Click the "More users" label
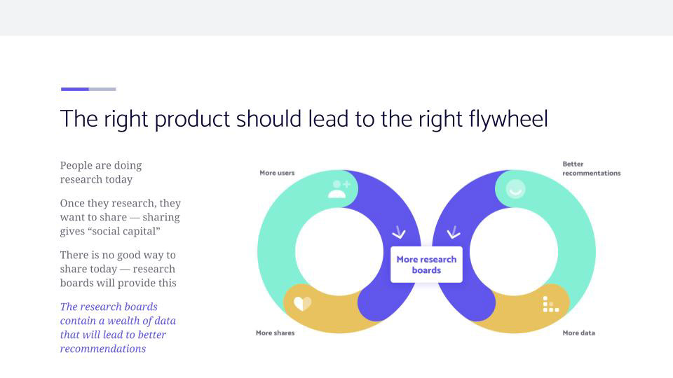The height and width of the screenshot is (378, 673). pyautogui.click(x=277, y=173)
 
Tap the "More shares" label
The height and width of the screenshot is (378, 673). pyautogui.click(x=275, y=332)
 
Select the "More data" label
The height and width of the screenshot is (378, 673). pyautogui.click(x=578, y=332)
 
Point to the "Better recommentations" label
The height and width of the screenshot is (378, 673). pyautogui.click(x=592, y=169)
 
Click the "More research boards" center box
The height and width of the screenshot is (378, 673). pyautogui.click(x=427, y=265)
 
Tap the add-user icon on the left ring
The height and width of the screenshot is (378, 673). pyautogui.click(x=339, y=189)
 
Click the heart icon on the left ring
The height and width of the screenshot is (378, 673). pyautogui.click(x=303, y=304)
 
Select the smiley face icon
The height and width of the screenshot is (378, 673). pyautogui.click(x=515, y=189)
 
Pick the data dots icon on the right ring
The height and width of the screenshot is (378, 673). pyautogui.click(x=551, y=304)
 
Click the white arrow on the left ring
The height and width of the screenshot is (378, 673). pyautogui.click(x=399, y=232)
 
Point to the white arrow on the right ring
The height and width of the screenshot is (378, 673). pyautogui.click(x=454, y=232)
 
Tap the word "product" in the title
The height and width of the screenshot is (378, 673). pyautogui.click(x=192, y=119)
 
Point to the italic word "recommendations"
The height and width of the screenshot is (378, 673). pyautogui.click(x=103, y=349)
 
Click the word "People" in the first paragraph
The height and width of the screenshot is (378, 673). pyautogui.click(x=76, y=166)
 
